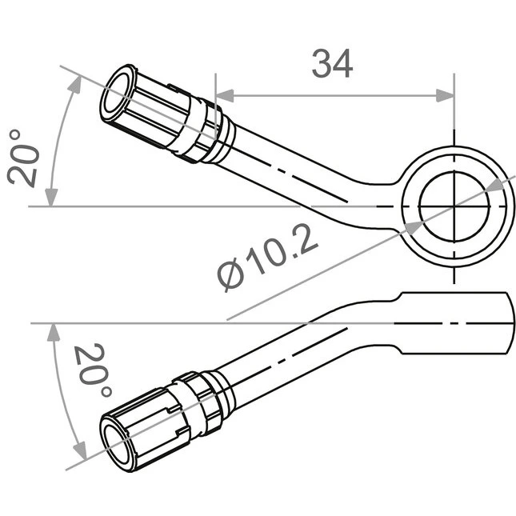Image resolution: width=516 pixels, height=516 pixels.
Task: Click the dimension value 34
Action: tap(332, 63)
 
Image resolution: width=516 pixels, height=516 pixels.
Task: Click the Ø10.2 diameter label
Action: tap(267, 258)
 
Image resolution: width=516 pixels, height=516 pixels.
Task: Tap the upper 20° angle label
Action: tap(23, 159)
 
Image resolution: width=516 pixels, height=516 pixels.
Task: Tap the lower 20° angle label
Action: tap(93, 370)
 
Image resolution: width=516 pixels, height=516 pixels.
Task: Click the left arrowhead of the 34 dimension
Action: tap(225, 96)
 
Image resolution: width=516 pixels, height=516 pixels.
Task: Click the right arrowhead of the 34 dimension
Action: tap(445, 96)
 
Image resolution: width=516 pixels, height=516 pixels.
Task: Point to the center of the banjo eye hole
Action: tap(454, 206)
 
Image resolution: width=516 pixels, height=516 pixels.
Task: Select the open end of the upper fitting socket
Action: tap(116, 93)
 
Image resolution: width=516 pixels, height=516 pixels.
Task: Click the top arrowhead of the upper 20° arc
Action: tap(75, 84)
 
